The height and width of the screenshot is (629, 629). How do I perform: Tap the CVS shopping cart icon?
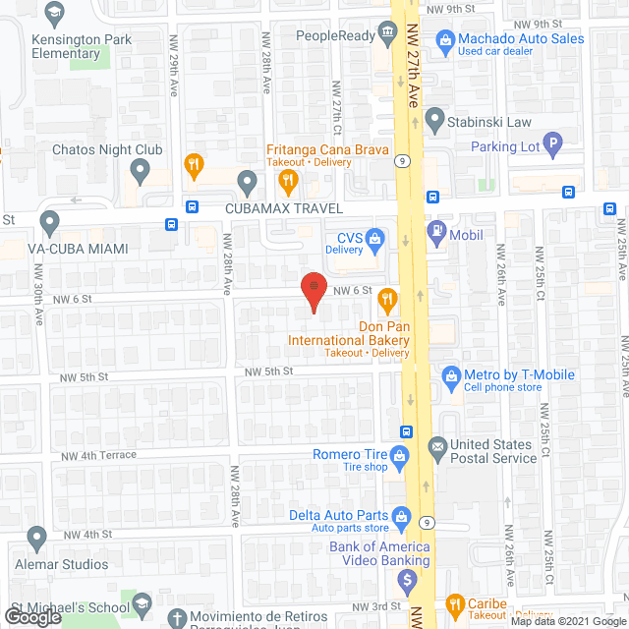pos(374,237)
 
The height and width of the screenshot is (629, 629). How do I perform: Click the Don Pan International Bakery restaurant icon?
pos(387,299)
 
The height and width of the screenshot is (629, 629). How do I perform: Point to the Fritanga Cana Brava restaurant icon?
pos(287,179)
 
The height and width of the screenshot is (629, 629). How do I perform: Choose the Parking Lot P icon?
pos(552,146)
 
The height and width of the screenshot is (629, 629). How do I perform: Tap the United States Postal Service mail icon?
pos(436,447)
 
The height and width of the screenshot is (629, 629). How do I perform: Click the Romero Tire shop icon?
pos(400,455)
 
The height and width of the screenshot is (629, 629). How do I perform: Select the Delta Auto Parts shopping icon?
pos(401,515)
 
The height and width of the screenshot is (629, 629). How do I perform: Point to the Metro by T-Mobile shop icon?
pos(451,374)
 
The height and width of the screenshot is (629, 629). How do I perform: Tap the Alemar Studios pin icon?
pos(37,538)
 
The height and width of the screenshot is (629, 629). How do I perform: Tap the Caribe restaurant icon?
pos(455,604)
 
